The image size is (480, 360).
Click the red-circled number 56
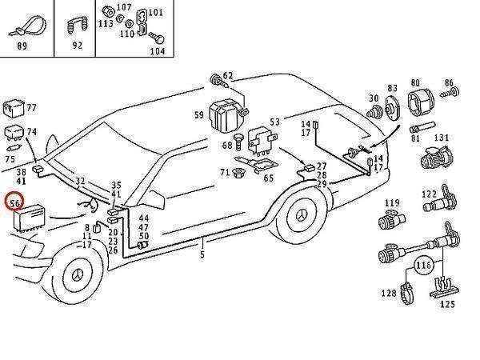tap(14, 203)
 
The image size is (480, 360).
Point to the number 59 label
tap(198, 115)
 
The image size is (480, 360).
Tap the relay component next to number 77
tap(15, 107)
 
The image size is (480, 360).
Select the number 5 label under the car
tap(202, 254)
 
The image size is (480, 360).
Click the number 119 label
tap(392, 203)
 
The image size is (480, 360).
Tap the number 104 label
tap(157, 50)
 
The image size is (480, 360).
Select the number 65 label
tap(269, 178)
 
